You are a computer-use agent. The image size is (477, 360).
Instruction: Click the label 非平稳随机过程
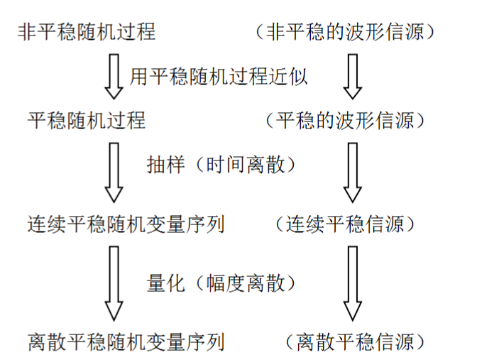tap(86, 32)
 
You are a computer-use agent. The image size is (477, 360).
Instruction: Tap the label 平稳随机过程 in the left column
tap(86, 121)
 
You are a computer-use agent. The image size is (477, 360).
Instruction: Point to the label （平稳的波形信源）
tap(344, 121)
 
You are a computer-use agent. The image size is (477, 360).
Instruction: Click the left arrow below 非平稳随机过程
tap(114, 77)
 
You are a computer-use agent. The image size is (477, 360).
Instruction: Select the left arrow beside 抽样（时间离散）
tap(114, 173)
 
